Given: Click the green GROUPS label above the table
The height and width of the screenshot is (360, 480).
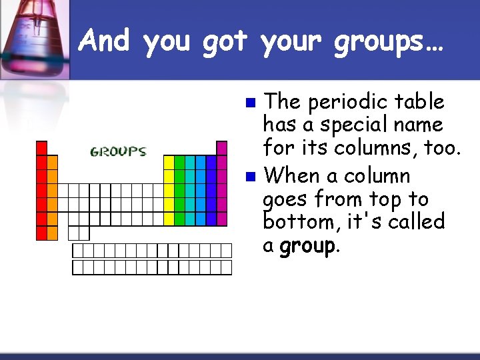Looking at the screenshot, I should (x=118, y=152).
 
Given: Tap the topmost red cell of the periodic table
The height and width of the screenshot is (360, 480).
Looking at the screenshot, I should (x=41, y=148).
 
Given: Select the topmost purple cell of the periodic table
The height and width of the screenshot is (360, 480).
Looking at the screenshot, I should (x=222, y=148).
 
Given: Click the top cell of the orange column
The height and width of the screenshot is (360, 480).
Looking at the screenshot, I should (x=52, y=162).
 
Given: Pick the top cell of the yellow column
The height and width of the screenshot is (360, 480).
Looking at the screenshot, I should (x=169, y=162).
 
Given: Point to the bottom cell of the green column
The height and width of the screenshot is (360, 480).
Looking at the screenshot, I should (x=179, y=219).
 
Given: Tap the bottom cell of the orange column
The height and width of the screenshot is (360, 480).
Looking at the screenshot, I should (x=52, y=219).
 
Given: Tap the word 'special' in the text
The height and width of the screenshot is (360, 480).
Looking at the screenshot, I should (x=349, y=125).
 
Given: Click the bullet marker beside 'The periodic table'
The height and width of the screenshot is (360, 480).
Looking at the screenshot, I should (x=250, y=103).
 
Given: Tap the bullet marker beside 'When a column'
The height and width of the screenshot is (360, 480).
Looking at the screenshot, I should (x=250, y=177).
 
